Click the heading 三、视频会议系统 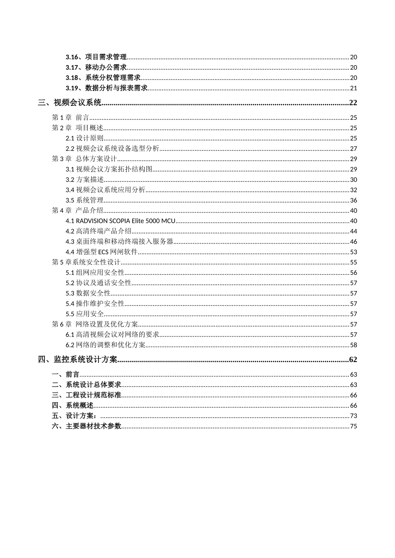pyautogui.click(x=69, y=103)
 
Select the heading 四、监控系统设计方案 pyautogui.click(x=78, y=360)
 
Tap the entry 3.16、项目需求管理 pyautogui.click(x=96, y=57)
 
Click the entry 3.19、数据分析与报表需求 pyautogui.click(x=106, y=88)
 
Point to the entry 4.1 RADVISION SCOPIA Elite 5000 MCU pyautogui.click(x=121, y=221)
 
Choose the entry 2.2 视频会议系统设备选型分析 pyautogui.click(x=112, y=149)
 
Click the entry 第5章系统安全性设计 pyautogui.click(x=86, y=262)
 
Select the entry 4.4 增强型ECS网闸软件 pyautogui.click(x=101, y=252)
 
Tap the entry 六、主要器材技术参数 pyautogui.click(x=86, y=426)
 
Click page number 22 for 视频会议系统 pyautogui.click(x=353, y=103)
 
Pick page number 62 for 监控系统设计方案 pyautogui.click(x=353, y=360)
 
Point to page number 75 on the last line pyautogui.click(x=353, y=426)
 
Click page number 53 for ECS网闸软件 pyautogui.click(x=353, y=252)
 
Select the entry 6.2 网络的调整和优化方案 pyautogui.click(x=106, y=345)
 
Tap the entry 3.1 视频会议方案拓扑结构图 pyautogui.click(x=109, y=169)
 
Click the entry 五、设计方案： pyautogui.click(x=76, y=416)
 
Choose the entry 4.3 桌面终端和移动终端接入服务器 pyautogui.click(x=119, y=242)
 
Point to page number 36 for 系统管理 pyautogui.click(x=353, y=201)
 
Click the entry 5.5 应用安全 pyautogui.click(x=84, y=314)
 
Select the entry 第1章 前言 pyautogui.click(x=70, y=117)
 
